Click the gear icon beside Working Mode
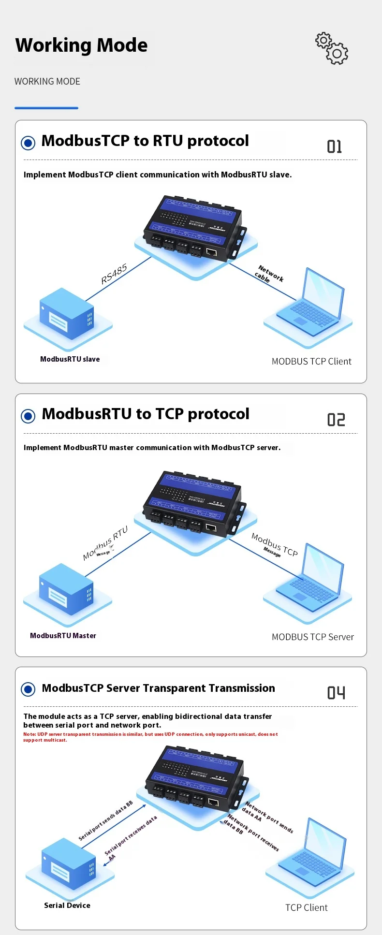pos(332,48)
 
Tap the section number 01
pos(335,146)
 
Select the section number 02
pos(336,420)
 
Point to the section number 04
pos(336,693)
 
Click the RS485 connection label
pos(114,274)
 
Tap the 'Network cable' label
pos(269,275)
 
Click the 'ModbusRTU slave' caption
pos(70,359)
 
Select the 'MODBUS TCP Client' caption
pos(311,362)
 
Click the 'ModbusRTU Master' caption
pos(63,636)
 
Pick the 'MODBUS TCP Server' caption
pos(313,637)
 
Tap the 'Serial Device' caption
pos(67,906)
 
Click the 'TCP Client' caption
pos(307,908)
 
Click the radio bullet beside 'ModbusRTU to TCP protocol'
pos(29,416)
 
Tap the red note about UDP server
pos(150,737)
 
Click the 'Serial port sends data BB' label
pos(106,821)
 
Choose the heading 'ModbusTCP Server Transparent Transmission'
pos(158,688)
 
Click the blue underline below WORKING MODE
pos(46,108)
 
